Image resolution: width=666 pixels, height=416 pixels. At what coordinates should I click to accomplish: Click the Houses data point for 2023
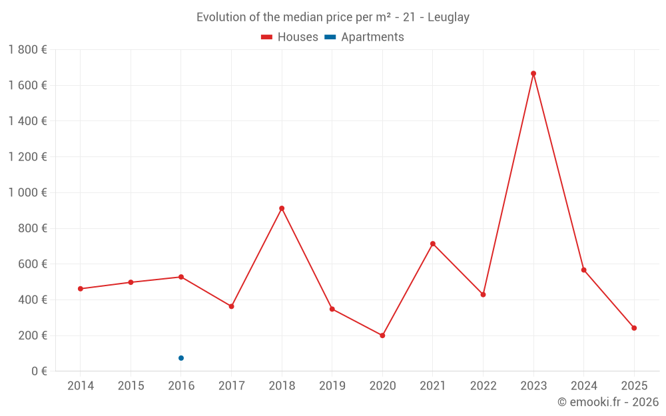pos(533,73)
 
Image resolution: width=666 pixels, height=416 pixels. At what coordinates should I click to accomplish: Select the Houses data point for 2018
pos(282,208)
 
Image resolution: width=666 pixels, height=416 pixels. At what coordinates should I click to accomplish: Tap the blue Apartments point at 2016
pos(181,358)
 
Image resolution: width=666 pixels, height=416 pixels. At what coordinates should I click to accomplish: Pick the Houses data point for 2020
pos(382,335)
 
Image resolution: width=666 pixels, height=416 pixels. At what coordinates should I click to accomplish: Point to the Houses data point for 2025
pos(634,328)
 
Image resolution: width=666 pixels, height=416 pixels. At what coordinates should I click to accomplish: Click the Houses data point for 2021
pos(433,244)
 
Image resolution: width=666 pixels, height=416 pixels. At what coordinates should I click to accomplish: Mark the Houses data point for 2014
pos(81,289)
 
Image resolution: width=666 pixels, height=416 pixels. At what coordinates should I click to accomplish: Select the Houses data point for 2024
pos(584,270)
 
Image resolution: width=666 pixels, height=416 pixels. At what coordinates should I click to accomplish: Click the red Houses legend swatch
pos(266,37)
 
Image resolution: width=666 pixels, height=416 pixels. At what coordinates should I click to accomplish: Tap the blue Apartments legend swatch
pos(330,37)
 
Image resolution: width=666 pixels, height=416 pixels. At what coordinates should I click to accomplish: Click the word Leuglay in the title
pos(448,17)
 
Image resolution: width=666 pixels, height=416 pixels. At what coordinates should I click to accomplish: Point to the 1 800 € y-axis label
pos(27,49)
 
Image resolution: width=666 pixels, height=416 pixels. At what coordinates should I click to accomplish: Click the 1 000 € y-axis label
pos(27,192)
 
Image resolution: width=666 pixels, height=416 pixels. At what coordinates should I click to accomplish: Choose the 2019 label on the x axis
pos(332,386)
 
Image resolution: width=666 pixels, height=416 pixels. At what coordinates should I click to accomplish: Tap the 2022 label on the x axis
pos(483,386)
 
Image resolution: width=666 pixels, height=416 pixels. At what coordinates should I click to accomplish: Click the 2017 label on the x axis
pos(231,386)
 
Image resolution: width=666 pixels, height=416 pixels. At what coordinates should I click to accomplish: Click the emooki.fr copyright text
pos(607,402)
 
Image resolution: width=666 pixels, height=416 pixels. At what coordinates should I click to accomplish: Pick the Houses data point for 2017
pos(231,306)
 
